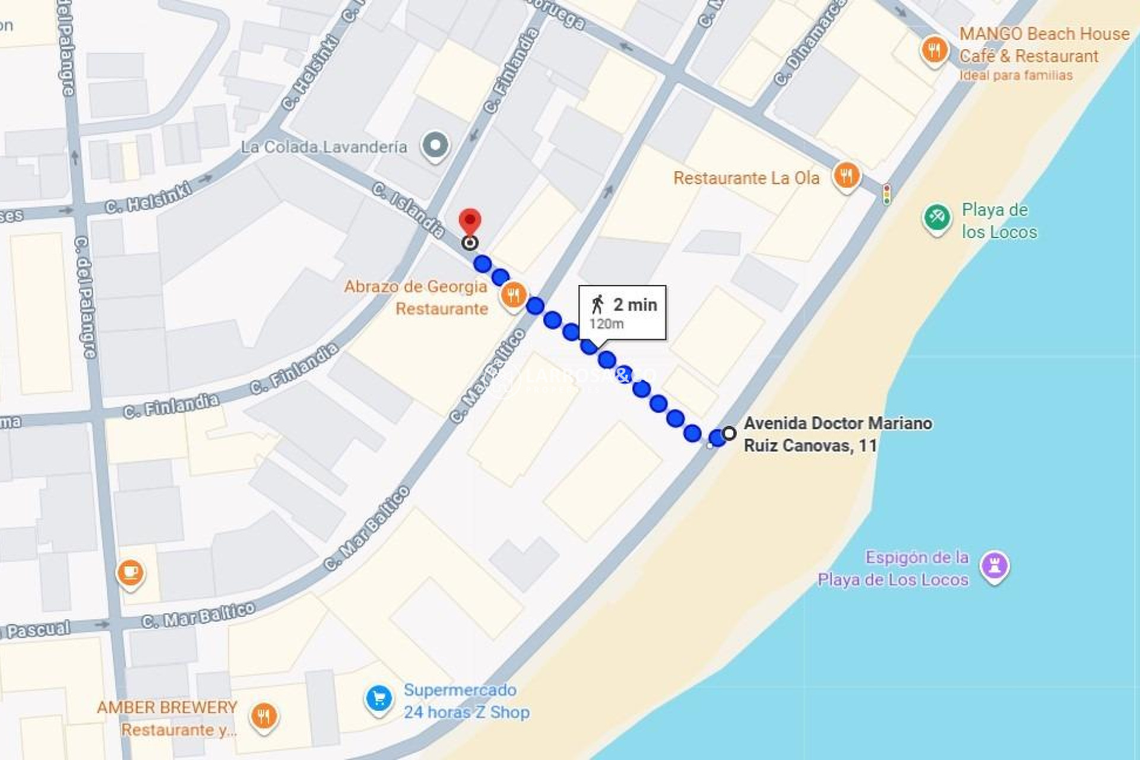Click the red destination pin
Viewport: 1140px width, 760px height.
pyautogui.click(x=470, y=221)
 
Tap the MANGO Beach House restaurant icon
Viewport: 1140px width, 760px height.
pyautogui.click(x=934, y=50)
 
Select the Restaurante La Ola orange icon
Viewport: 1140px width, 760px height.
pyautogui.click(x=846, y=176)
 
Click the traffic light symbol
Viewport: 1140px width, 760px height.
pyautogui.click(x=886, y=194)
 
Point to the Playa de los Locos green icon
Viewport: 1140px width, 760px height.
pyautogui.click(x=937, y=218)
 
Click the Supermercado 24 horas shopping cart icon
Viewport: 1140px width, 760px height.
pyautogui.click(x=379, y=699)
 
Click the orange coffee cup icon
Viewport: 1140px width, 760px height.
pyautogui.click(x=130, y=573)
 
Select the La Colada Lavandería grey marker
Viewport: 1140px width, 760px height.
pyautogui.click(x=435, y=145)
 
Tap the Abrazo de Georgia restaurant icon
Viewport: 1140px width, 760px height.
pyautogui.click(x=514, y=295)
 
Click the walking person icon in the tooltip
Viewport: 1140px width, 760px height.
pyautogui.click(x=597, y=305)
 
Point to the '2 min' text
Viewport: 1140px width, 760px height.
pyautogui.click(x=635, y=305)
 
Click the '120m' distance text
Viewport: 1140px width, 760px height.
pyautogui.click(x=606, y=324)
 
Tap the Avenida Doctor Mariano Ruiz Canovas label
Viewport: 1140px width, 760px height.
pyautogui.click(x=837, y=434)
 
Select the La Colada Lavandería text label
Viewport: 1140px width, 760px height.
pyautogui.click(x=324, y=147)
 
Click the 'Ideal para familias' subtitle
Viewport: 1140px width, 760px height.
pyautogui.click(x=1016, y=75)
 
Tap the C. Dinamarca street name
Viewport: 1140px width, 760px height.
pyautogui.click(x=809, y=43)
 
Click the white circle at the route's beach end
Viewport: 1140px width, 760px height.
pyautogui.click(x=729, y=433)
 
